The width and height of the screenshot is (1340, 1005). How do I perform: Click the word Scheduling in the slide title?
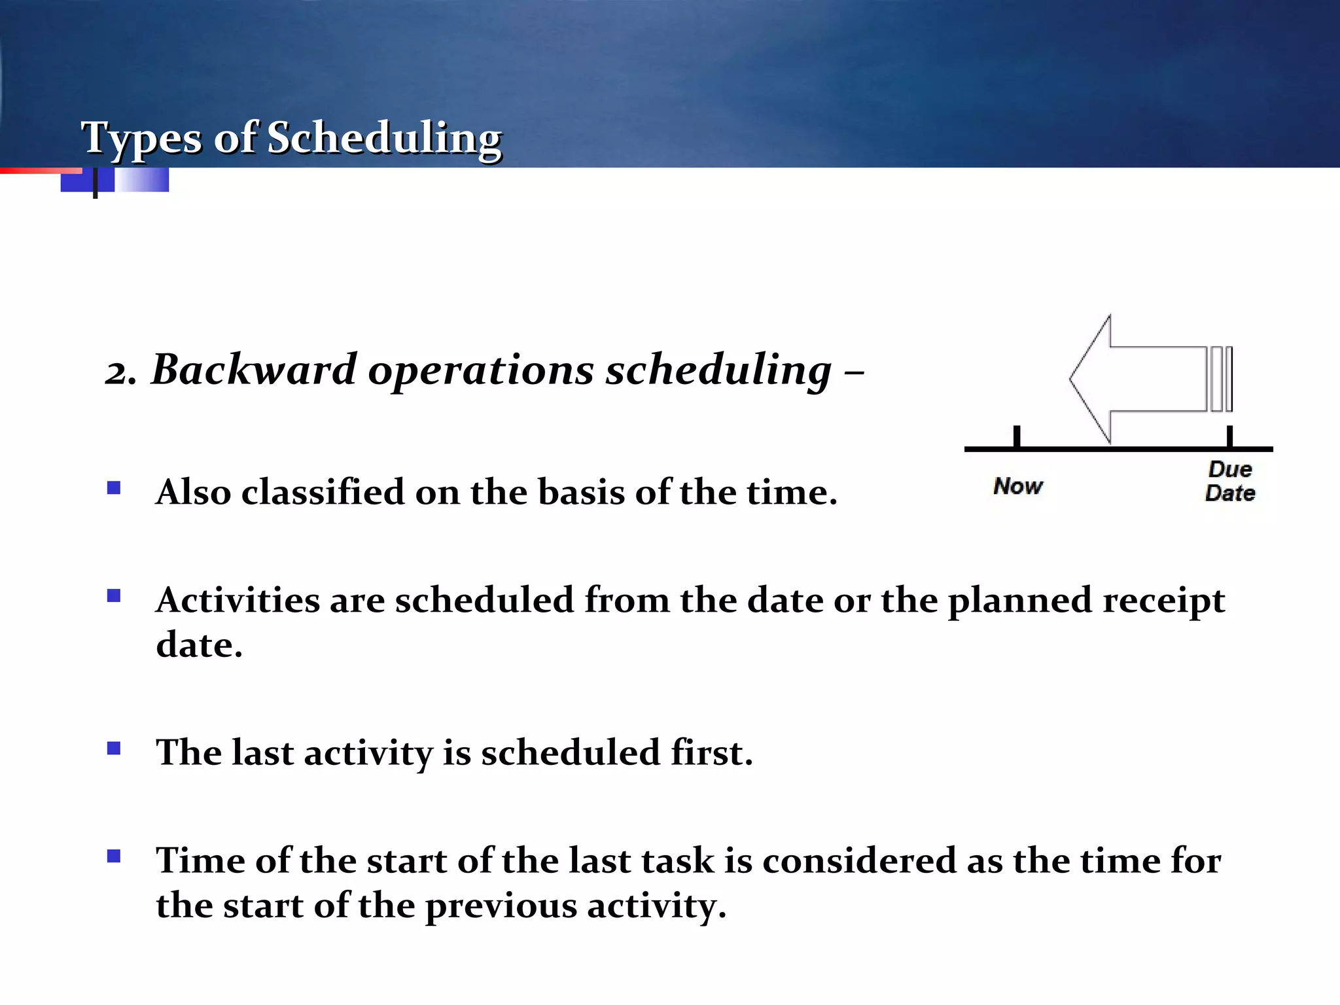point(384,139)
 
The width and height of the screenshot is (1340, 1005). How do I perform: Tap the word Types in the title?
point(141,139)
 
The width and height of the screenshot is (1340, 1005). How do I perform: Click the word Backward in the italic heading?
point(254,370)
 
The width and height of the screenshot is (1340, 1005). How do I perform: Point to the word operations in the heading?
point(481,372)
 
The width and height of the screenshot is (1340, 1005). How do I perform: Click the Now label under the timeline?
point(1017,486)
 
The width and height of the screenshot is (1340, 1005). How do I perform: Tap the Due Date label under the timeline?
point(1230,481)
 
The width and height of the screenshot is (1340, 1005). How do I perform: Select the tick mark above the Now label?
point(1017,436)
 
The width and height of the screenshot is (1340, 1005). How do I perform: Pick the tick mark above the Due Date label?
point(1229,436)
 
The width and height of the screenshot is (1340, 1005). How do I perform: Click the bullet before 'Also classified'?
point(114,487)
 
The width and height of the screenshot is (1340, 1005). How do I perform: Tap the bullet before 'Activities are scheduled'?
point(114,595)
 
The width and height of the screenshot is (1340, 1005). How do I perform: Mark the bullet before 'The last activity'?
point(114,748)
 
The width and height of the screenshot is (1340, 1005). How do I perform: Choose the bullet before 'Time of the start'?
point(114,856)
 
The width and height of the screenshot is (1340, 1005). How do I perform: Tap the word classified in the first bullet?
point(323,492)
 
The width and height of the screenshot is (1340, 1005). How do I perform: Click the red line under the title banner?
point(39,171)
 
